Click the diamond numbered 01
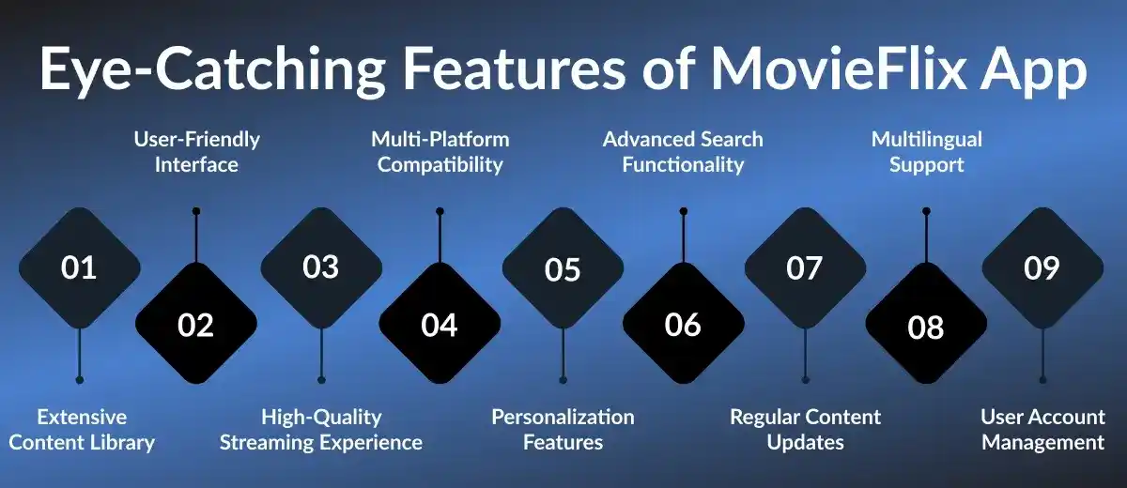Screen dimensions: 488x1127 click(x=79, y=268)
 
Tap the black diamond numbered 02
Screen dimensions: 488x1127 click(x=196, y=325)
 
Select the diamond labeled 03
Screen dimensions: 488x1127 click(x=321, y=267)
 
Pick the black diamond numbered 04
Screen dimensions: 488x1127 click(x=440, y=325)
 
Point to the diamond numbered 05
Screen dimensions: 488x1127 click(x=563, y=269)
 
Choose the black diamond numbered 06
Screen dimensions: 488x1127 click(x=683, y=325)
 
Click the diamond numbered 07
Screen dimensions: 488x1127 click(x=805, y=268)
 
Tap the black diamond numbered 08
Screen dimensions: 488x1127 click(x=926, y=327)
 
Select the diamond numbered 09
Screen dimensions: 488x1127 click(x=1042, y=268)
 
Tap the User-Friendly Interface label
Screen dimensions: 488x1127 click(x=196, y=152)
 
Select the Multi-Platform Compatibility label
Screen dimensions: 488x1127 click(x=440, y=152)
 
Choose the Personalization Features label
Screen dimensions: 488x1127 click(x=563, y=429)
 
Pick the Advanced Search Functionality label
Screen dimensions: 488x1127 click(x=683, y=152)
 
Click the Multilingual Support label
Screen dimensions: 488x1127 click(x=927, y=152)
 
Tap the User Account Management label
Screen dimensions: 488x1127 click(x=1042, y=429)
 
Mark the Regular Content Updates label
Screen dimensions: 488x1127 click(x=805, y=429)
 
